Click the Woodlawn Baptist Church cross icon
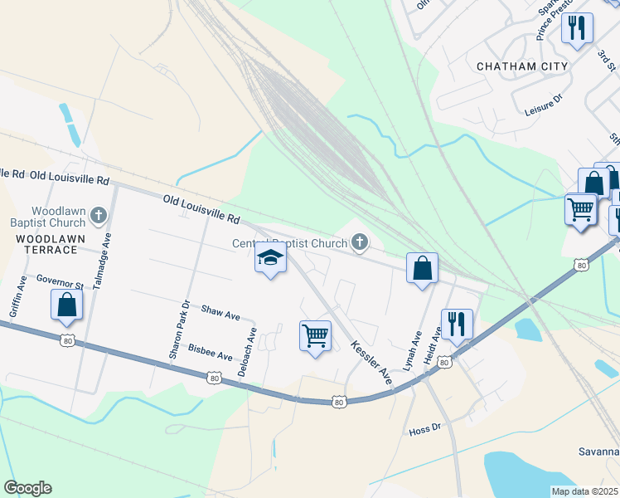(x=99, y=217)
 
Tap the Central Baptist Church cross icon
(x=359, y=242)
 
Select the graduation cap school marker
(x=270, y=261)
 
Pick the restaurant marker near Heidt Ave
(x=456, y=324)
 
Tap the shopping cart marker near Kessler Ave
(x=315, y=336)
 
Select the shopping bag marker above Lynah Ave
(x=422, y=268)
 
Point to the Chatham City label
(x=522, y=66)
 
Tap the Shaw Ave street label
(x=220, y=313)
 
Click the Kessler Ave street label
(x=371, y=361)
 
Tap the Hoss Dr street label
(x=424, y=431)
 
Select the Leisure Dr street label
(x=543, y=99)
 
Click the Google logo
(x=27, y=488)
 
